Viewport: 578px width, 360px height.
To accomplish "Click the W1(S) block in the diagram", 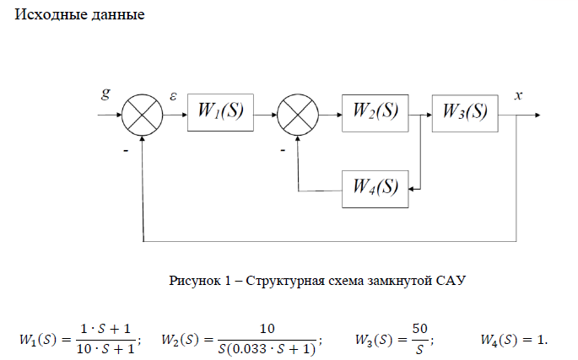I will click(x=220, y=112).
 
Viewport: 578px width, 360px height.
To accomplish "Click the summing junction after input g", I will click(x=143, y=112).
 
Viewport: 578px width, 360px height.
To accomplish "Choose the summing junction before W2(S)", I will click(x=298, y=112).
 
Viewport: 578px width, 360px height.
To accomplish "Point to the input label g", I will click(x=105, y=94).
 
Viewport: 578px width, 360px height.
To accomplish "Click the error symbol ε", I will click(x=173, y=96).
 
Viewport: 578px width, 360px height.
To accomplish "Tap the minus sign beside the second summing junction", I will click(x=282, y=148).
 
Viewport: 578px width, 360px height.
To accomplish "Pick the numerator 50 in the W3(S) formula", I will click(x=419, y=329).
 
